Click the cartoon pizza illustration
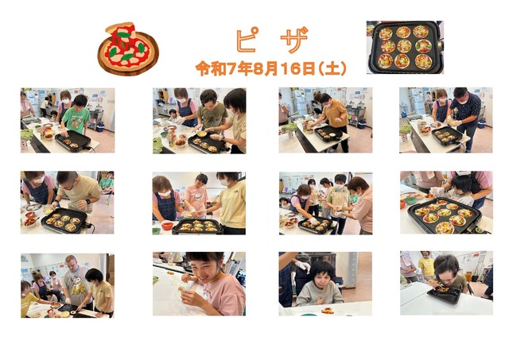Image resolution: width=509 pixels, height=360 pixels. pos(128,48)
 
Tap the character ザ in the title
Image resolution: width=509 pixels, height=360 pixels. pos(294,40)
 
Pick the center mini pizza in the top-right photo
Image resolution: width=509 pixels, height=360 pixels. pos(404,46)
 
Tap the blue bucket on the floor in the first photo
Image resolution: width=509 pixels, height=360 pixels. pos(100,127)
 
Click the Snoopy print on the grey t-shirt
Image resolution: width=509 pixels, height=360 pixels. pos(79,289)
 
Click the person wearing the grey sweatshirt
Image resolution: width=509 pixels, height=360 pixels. pos(319,285)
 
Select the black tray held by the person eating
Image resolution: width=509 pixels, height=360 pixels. pos(444,295)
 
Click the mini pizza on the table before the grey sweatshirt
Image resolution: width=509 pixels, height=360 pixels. pos(328,311)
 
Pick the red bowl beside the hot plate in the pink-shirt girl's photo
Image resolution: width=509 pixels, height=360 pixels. pos(167,225)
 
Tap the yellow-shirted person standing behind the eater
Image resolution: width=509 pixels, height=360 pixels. pos(426,264)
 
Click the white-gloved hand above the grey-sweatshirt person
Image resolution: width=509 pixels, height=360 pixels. pos(303,266)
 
